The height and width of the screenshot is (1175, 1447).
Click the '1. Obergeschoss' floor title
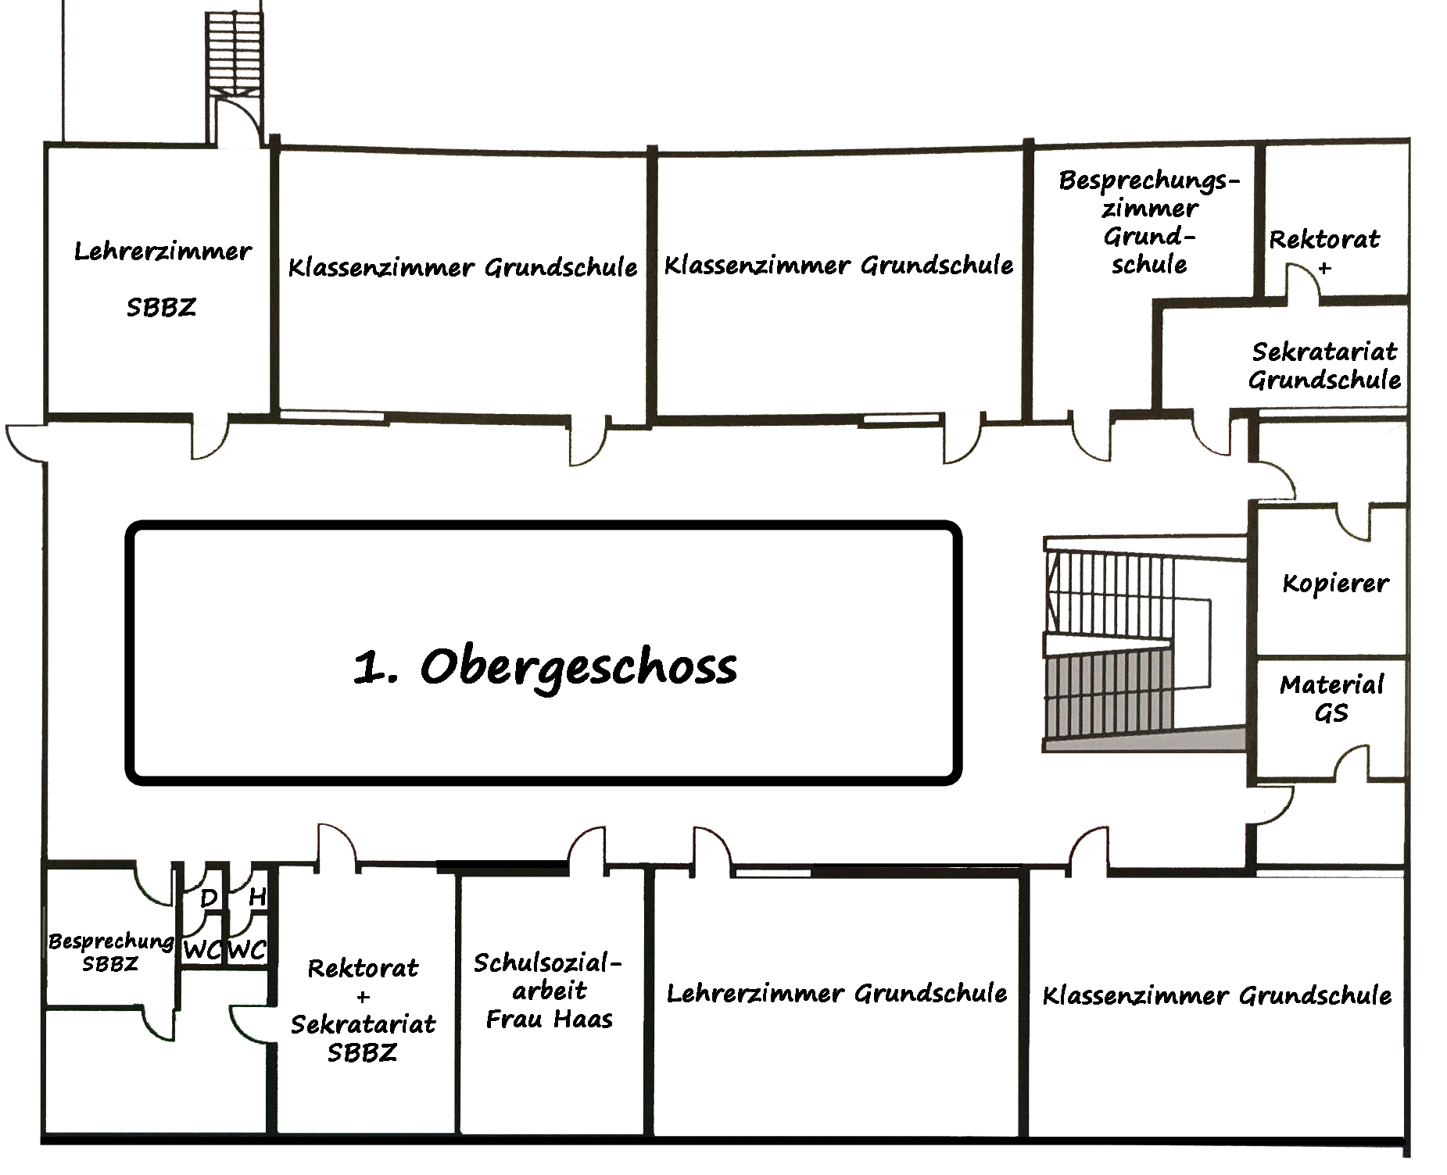545,667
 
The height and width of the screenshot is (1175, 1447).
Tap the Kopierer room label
1335,584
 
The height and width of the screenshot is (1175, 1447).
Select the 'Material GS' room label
1331,698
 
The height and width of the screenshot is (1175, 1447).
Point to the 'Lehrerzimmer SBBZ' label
162,279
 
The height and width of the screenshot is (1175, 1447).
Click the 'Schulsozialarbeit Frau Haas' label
549,991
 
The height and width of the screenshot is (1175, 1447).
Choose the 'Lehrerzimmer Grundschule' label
836,994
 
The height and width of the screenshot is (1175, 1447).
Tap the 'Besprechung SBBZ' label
110,952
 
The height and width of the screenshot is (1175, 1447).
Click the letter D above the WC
208,898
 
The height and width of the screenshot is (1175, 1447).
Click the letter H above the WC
256,897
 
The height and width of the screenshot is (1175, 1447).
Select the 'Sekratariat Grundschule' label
1324,366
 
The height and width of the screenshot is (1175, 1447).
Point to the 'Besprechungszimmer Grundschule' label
1148,223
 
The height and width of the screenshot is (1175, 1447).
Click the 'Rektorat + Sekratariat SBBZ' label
363,1010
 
